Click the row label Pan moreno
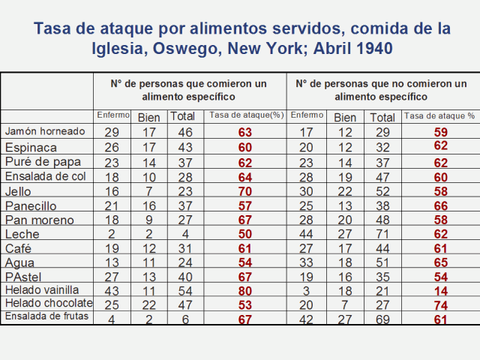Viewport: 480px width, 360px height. (x=40, y=219)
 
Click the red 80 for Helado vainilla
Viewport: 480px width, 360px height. (x=244, y=289)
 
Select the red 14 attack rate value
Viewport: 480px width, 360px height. (x=440, y=289)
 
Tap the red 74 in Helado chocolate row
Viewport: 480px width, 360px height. (x=440, y=304)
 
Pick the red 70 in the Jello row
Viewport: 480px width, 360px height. (x=244, y=190)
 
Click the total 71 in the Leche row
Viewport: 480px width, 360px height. (x=382, y=233)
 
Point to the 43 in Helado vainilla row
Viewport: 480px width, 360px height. (x=112, y=289)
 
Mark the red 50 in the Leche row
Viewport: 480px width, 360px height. (x=244, y=233)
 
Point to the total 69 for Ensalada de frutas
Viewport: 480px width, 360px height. (x=382, y=317)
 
